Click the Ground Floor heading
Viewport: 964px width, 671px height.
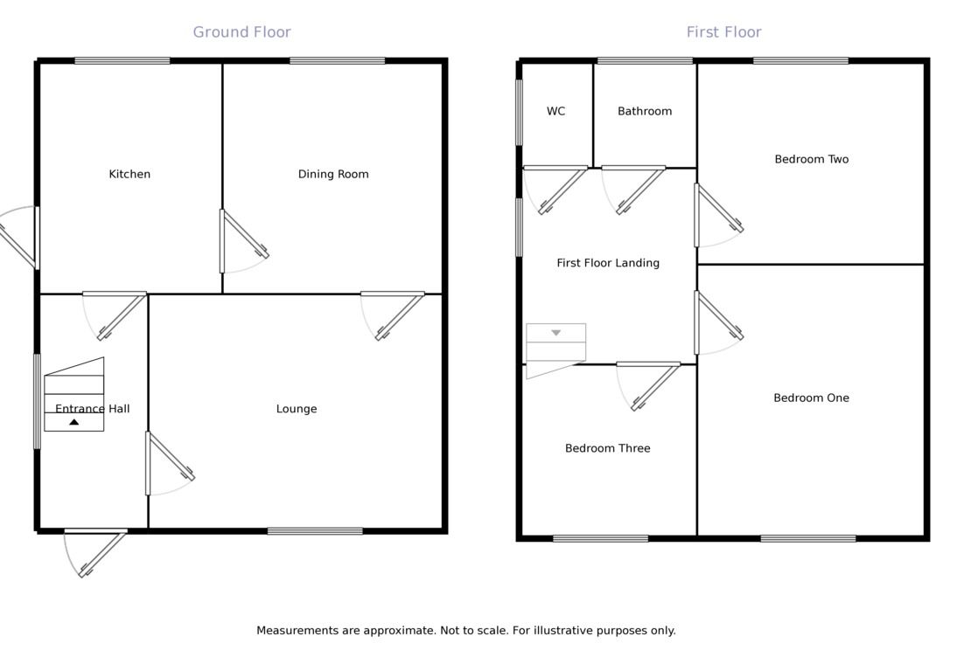point(241,32)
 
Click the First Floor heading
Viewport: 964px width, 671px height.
point(723,32)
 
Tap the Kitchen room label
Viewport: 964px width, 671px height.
point(129,174)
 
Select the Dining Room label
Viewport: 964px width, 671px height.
point(333,174)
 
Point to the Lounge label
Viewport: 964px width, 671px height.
point(297,409)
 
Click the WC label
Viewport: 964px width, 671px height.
point(555,111)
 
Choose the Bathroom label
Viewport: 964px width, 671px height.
point(645,111)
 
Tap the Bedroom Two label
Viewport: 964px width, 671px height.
point(811,159)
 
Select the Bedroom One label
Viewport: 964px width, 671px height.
point(811,398)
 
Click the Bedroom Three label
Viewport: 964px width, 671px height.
point(607,448)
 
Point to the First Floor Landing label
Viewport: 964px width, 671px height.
point(608,263)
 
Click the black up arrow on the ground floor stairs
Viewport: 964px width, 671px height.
point(74,422)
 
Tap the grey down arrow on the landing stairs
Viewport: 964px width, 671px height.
point(555,333)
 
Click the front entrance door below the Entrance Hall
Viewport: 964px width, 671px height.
point(96,550)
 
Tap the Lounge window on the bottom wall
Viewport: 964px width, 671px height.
point(315,530)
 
